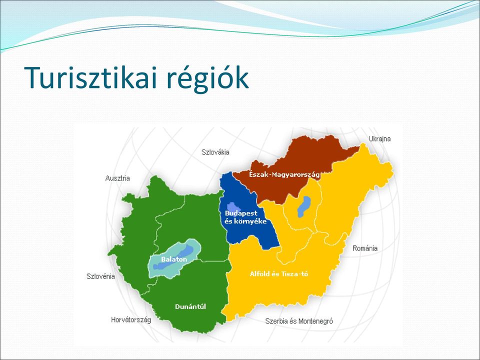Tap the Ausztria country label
tap(117, 178)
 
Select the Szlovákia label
tap(215, 152)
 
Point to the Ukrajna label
tap(379, 139)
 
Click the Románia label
tap(365, 248)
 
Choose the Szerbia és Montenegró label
tap(299, 321)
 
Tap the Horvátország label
tap(131, 320)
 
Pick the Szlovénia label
tap(100, 276)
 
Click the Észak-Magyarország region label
tap(284, 175)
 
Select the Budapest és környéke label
tap(245, 217)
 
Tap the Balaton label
tap(174, 259)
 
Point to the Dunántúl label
tap(190, 306)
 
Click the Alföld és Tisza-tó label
tap(279, 274)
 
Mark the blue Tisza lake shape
tap(304, 207)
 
